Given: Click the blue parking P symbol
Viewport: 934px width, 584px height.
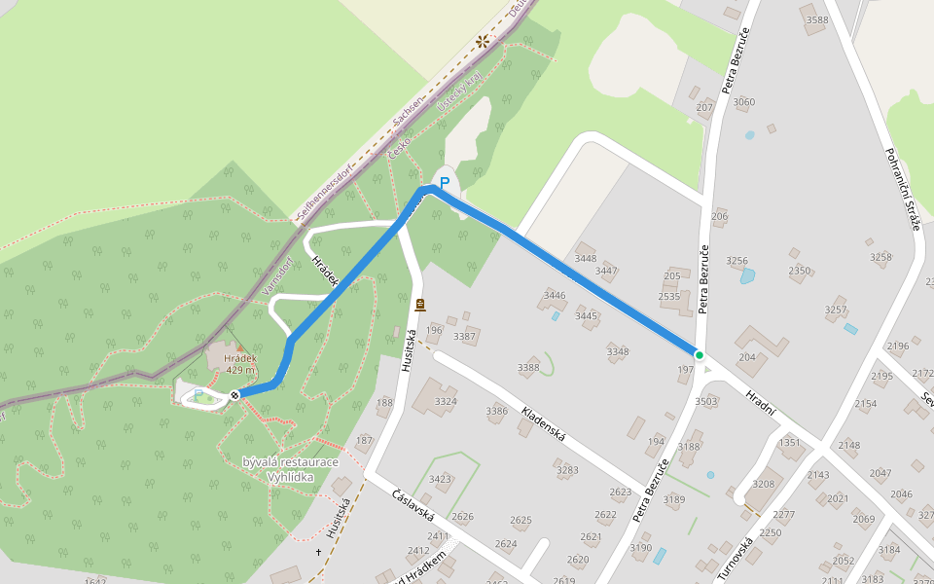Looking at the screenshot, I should (445, 182).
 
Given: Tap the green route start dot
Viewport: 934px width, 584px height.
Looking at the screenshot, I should (699, 354).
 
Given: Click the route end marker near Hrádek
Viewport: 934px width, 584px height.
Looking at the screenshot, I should (234, 394).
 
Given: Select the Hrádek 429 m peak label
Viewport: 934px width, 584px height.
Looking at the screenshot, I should (240, 364).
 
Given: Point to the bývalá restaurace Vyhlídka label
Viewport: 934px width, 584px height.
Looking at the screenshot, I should (292, 467).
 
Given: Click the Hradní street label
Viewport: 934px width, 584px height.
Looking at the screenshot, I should (760, 403).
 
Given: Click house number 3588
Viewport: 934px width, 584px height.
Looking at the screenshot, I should (817, 19).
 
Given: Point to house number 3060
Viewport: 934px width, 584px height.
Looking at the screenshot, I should (743, 101).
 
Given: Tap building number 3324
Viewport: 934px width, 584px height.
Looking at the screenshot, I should (446, 401).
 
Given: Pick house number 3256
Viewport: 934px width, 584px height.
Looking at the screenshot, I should (737, 260).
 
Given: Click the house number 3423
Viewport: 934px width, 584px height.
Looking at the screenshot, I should (440, 478).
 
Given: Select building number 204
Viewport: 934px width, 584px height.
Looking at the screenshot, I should (746, 357).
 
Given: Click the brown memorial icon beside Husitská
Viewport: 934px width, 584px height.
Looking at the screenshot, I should (419, 305).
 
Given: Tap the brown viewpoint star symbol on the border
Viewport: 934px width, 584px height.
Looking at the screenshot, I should (482, 41).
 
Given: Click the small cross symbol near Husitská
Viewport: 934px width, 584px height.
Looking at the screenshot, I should (317, 553).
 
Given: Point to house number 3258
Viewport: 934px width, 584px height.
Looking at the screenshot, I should (880, 257).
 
